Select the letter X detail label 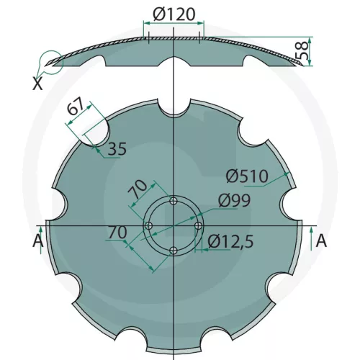click(x=37, y=84)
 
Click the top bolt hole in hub click(x=174, y=202)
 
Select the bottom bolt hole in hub click(x=174, y=251)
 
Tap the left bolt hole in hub click(x=148, y=227)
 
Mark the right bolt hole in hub click(x=198, y=227)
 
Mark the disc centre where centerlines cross click(x=174, y=227)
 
